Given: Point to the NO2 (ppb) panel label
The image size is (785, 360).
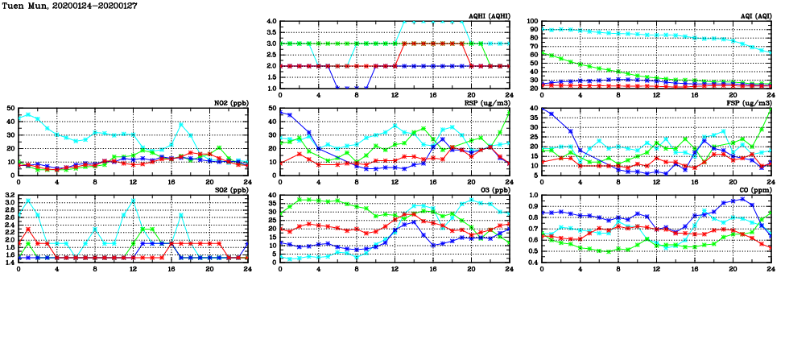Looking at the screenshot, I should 229,102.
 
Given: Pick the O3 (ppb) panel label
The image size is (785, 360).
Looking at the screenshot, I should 493,189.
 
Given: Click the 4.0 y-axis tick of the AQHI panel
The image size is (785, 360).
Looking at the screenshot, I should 271,22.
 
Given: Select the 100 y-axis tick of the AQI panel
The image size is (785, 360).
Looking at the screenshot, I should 531,22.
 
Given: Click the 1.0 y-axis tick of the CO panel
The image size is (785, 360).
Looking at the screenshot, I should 532,196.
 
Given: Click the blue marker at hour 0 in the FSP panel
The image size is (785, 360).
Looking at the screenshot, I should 542,109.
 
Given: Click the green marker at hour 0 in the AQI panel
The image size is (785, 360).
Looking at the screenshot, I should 542,53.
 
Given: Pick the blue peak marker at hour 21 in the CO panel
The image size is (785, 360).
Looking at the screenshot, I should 742,199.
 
